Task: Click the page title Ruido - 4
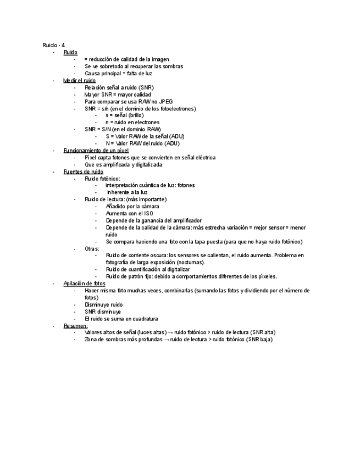pyautogui.click(x=53, y=45)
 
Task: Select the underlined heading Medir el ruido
pyautogui.click(x=79, y=80)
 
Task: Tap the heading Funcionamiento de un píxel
pyautogui.click(x=96, y=150)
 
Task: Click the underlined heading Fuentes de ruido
pyautogui.click(x=83, y=171)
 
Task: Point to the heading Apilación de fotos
pyautogui.click(x=84, y=284)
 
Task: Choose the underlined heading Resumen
pyautogui.click(x=75, y=325)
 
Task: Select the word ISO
pyautogui.click(x=148, y=213)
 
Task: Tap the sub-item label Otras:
pyautogui.click(x=92, y=248)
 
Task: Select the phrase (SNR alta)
pyautogui.click(x=262, y=332)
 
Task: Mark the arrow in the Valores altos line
pyautogui.click(x=170, y=332)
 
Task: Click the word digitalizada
pyautogui.click(x=146, y=164)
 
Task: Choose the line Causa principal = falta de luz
pyautogui.click(x=118, y=73)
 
